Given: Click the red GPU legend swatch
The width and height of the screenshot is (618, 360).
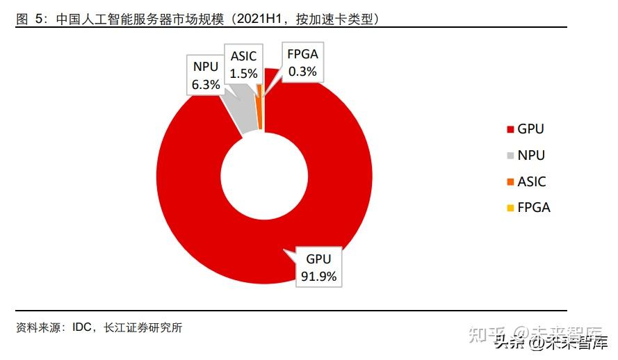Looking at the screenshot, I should (511, 129).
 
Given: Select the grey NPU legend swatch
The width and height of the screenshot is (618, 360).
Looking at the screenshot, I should (511, 156).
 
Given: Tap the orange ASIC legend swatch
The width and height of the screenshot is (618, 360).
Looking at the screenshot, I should (511, 181).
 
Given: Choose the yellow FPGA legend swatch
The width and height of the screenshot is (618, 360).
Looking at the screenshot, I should (511, 208).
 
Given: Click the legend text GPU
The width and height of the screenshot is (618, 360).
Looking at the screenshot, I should (530, 129).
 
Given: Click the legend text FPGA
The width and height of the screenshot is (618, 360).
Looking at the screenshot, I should (534, 208).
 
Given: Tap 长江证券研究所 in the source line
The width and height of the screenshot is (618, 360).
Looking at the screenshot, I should (143, 327).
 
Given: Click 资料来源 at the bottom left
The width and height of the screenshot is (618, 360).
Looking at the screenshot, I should (38, 327).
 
